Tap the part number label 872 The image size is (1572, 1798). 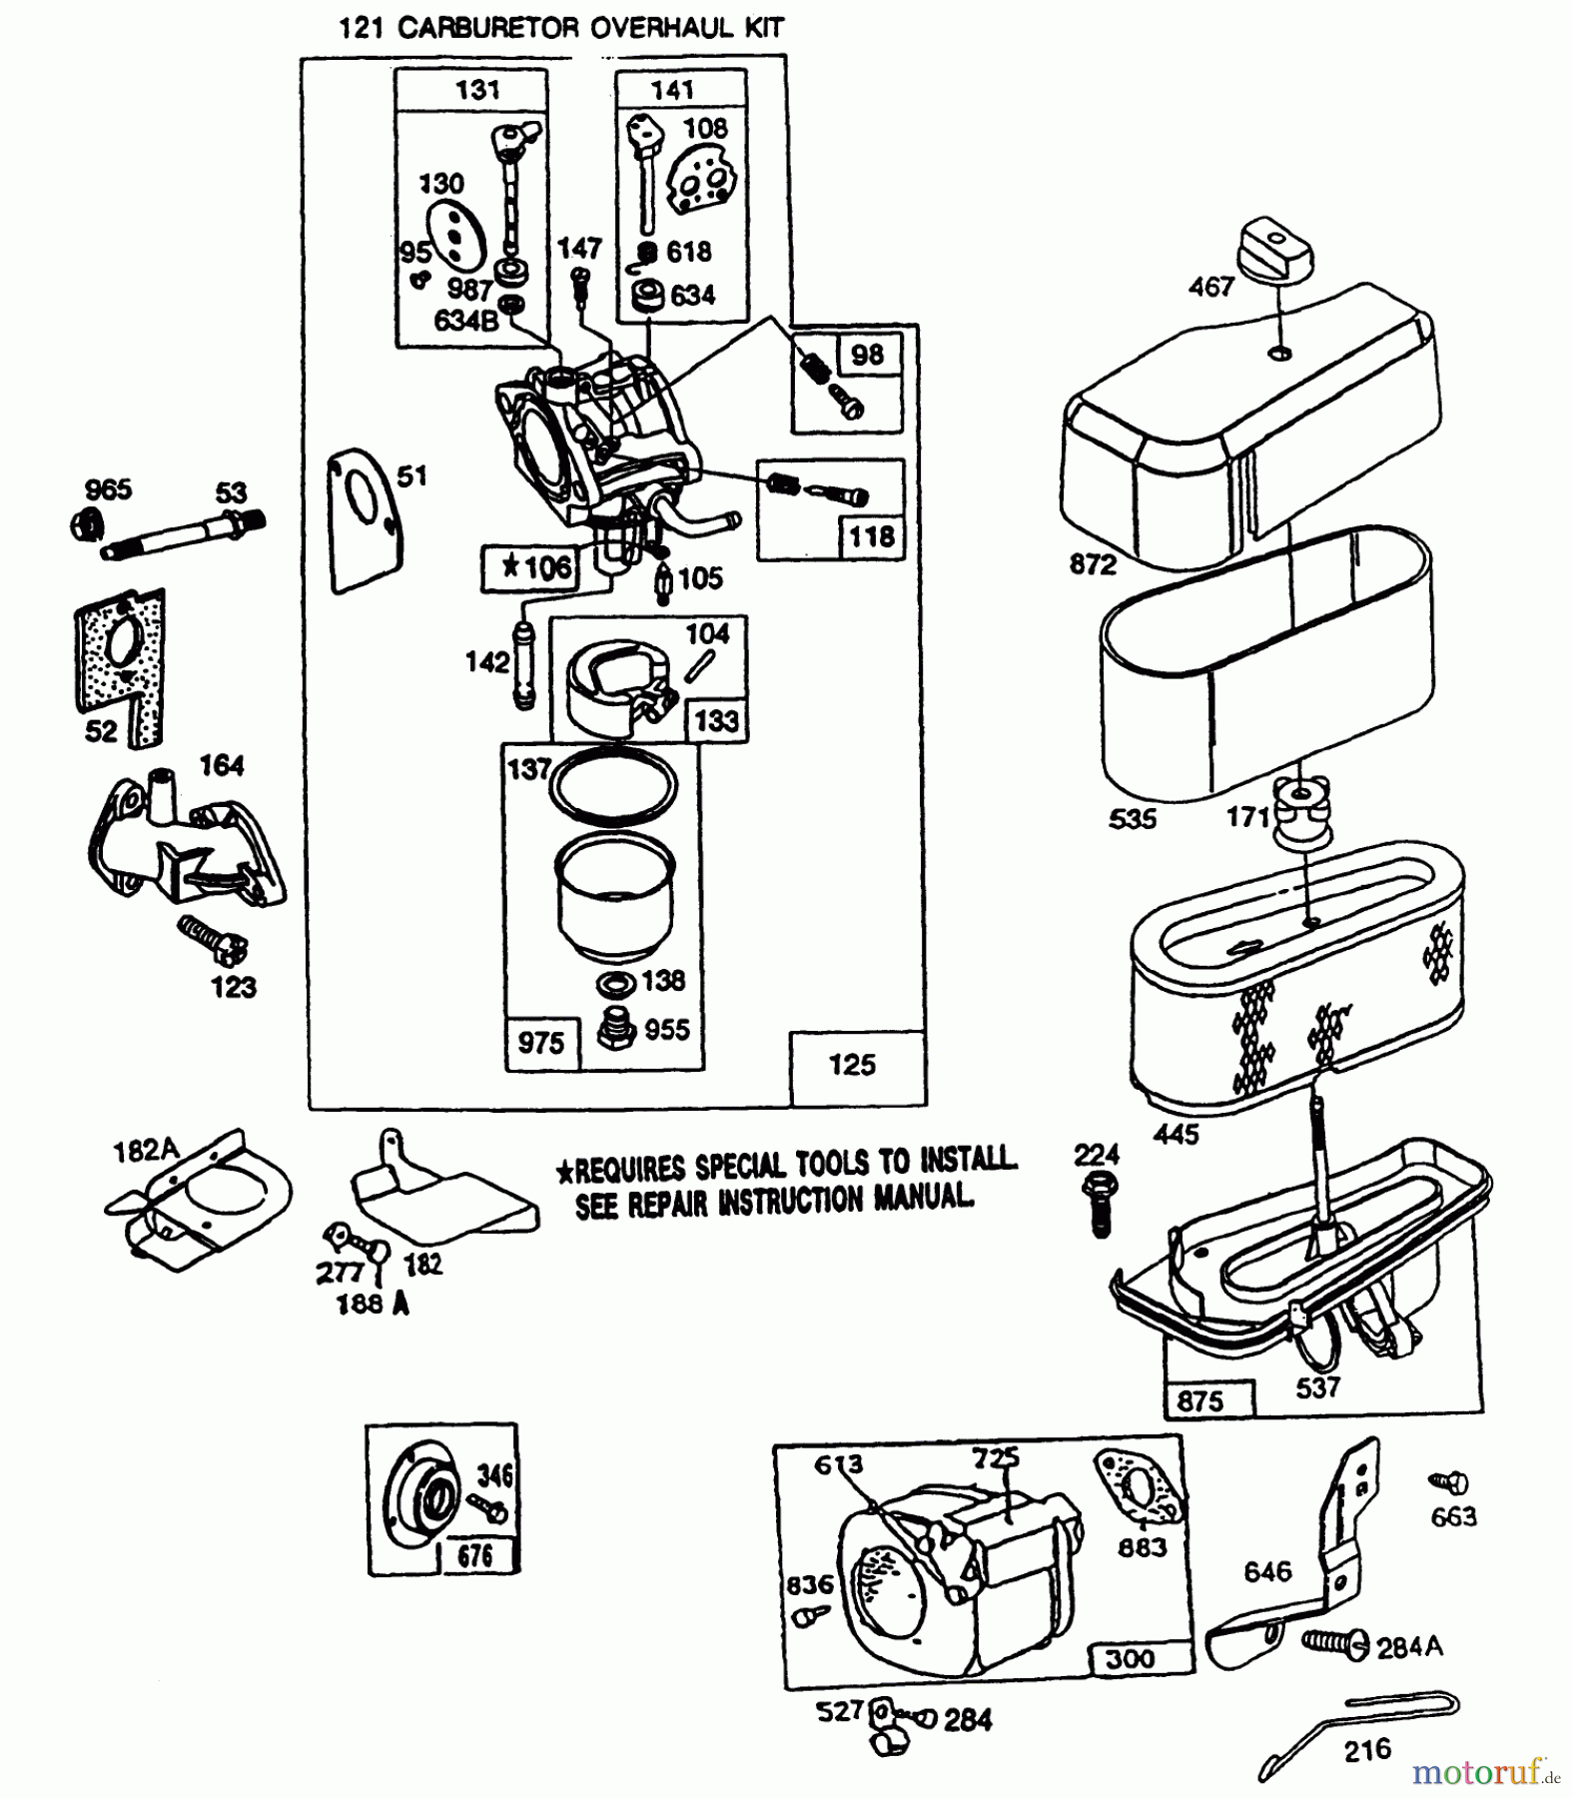pyautogui.click(x=1092, y=564)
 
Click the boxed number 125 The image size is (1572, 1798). pyautogui.click(x=852, y=1065)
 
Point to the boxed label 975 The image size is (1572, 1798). pyautogui.click(x=540, y=1043)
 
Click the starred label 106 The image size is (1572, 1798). pyautogui.click(x=536, y=568)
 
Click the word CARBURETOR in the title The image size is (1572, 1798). pyautogui.click(x=486, y=28)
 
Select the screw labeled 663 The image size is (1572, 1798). pyautogui.click(x=1449, y=1482)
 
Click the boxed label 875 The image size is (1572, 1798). pyautogui.click(x=1199, y=1400)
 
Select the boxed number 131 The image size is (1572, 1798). pyautogui.click(x=477, y=90)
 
